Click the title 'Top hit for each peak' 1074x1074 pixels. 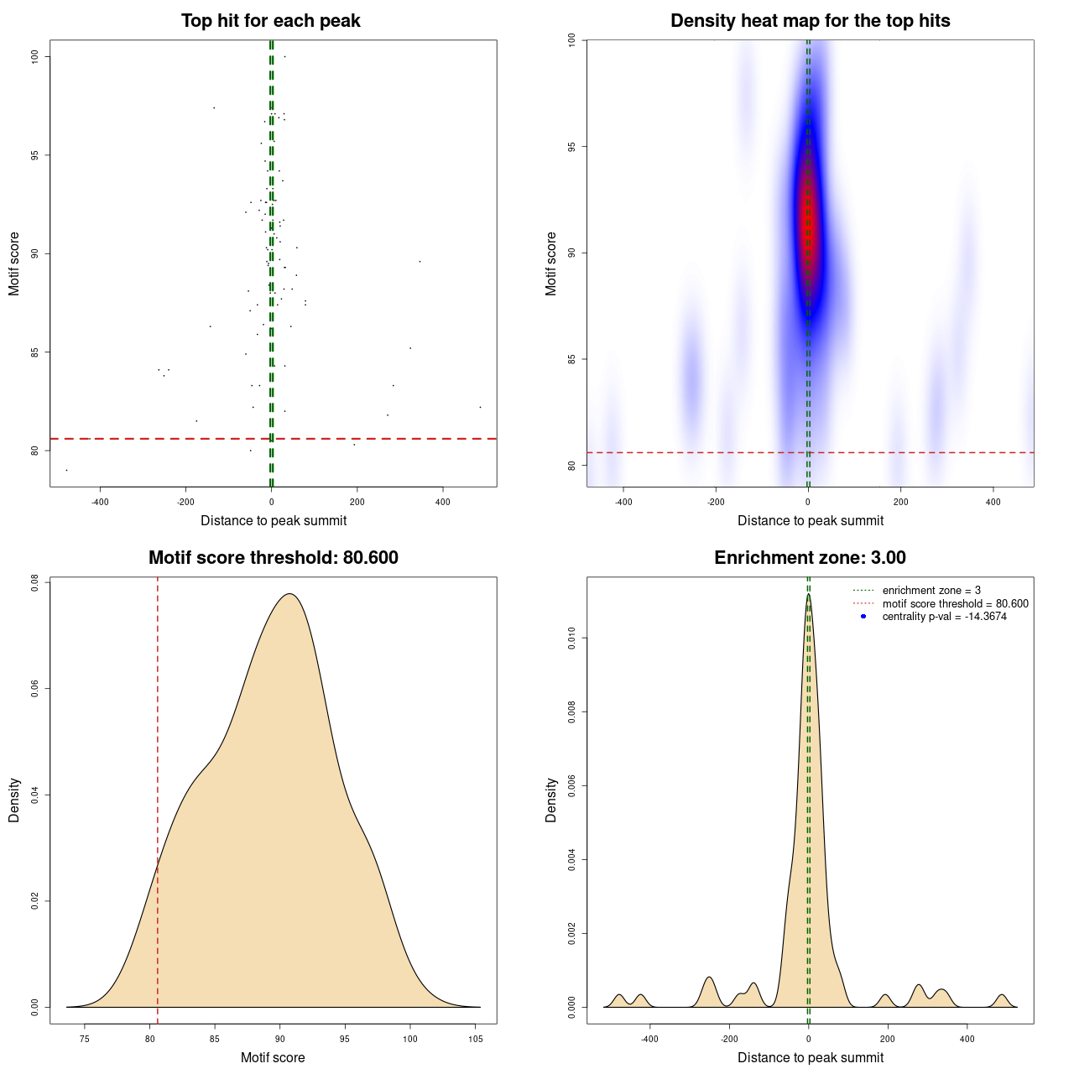click(270, 21)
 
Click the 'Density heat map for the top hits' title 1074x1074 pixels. click(810, 21)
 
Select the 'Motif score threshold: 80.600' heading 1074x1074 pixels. click(273, 558)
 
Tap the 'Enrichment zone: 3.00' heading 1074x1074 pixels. click(810, 558)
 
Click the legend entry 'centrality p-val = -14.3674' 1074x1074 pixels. click(944, 617)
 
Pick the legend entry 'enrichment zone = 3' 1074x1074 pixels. click(931, 591)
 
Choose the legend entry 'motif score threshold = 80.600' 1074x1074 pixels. click(955, 604)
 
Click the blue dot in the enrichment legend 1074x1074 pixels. click(863, 617)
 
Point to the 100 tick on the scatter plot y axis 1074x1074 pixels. click(35, 56)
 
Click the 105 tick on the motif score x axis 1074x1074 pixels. click(476, 1039)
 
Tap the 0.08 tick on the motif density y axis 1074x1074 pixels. click(35, 582)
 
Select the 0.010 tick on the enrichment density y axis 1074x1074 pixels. click(572, 639)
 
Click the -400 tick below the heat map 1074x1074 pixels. click(623, 502)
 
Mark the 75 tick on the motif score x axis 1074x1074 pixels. click(84, 1039)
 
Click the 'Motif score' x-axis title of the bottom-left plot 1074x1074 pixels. click(273, 1057)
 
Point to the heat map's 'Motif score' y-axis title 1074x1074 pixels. click(551, 263)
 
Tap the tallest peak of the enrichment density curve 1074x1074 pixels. click(808, 595)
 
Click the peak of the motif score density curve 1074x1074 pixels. click(289, 594)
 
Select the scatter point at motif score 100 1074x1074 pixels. click(284, 57)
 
